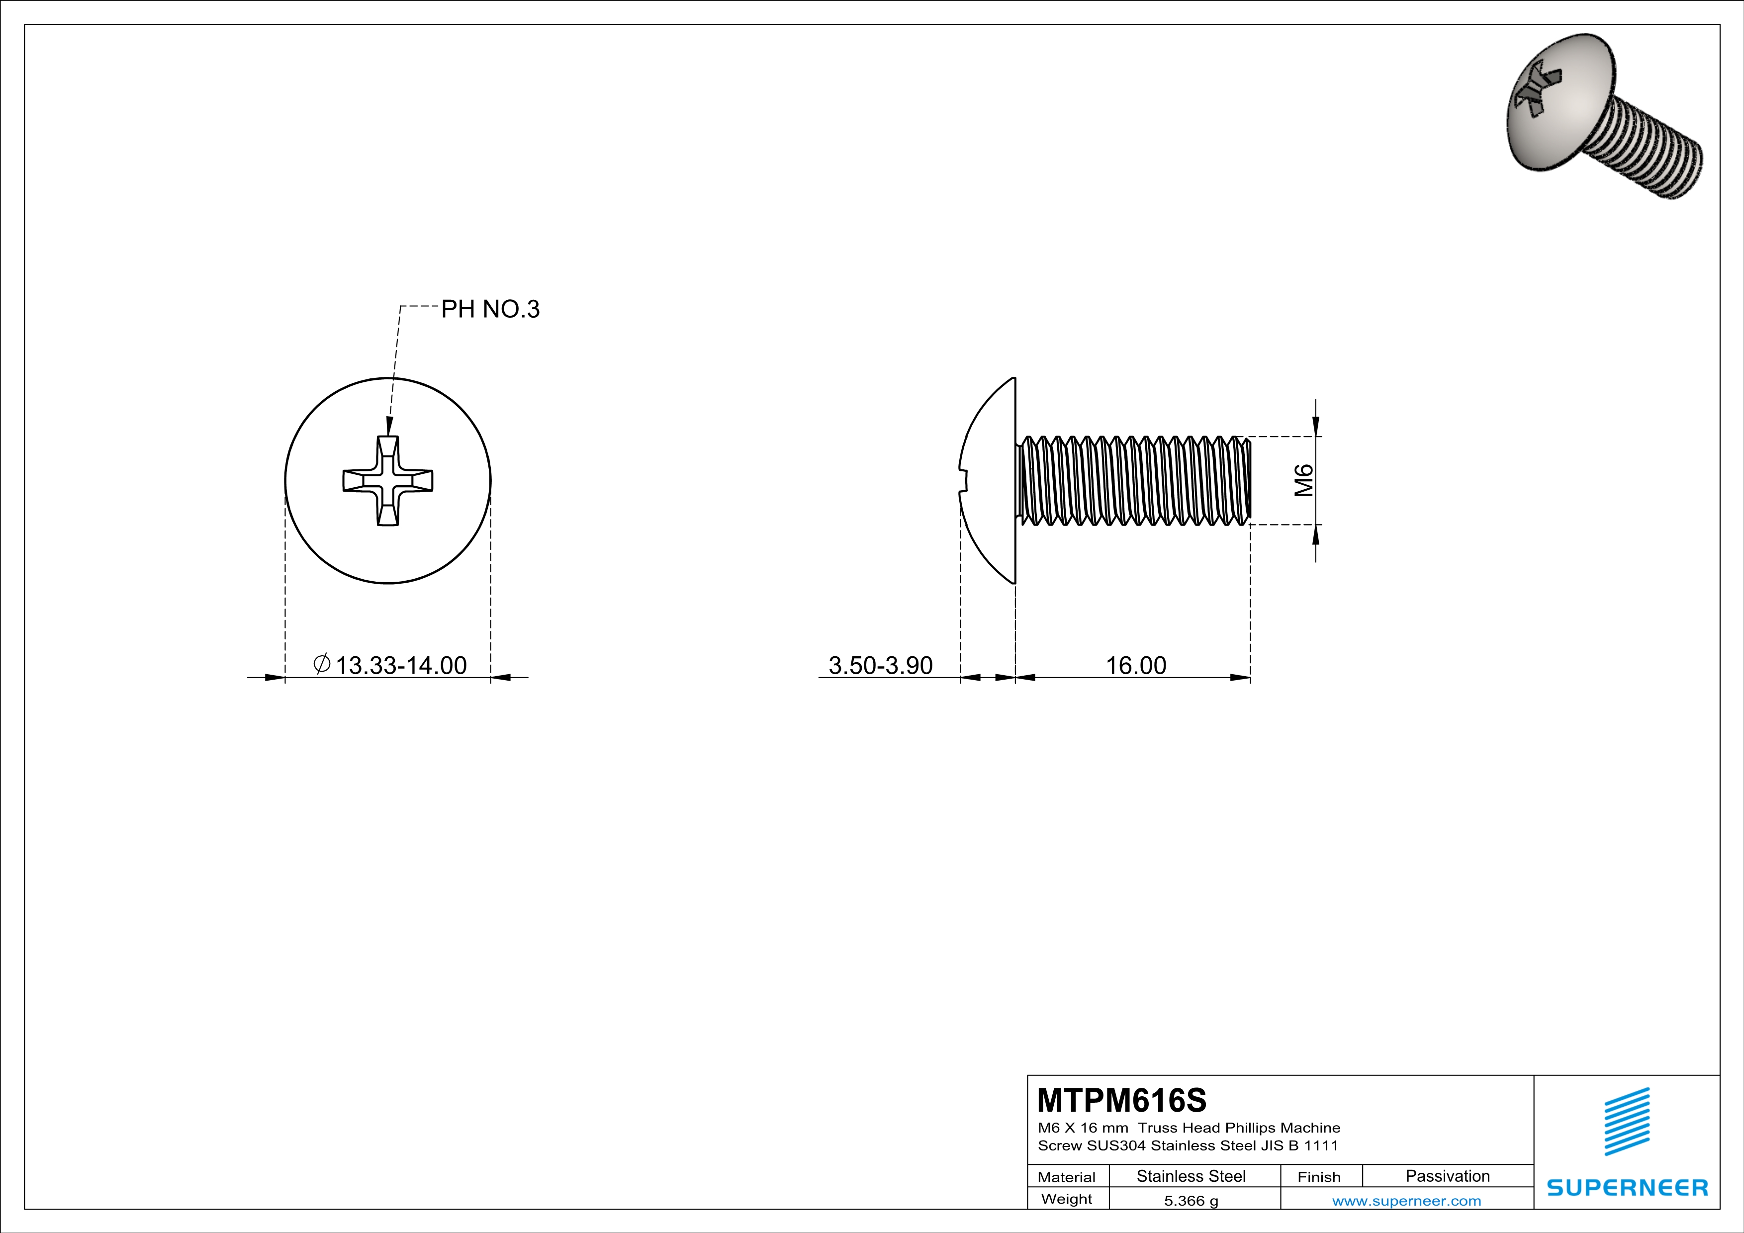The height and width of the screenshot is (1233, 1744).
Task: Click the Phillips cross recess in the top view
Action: pos(388,481)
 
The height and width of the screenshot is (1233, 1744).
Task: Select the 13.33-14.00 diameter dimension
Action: pos(400,665)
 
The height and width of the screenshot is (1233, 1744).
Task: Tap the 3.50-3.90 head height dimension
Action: pos(880,665)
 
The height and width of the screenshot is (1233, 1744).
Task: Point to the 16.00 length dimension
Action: pos(1136,665)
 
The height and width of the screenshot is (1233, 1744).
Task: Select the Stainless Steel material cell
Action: pos(1191,1176)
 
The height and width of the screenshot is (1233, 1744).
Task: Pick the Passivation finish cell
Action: pos(1447,1176)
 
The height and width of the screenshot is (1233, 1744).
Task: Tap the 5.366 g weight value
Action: pos(1191,1200)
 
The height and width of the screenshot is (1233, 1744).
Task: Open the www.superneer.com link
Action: pos(1406,1200)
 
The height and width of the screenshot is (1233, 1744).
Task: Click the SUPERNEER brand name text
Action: pos(1627,1187)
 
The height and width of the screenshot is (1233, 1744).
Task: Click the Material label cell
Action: pos(1067,1177)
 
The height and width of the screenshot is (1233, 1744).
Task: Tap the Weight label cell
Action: pos(1067,1199)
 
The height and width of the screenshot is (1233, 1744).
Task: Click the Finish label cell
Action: pos(1319,1177)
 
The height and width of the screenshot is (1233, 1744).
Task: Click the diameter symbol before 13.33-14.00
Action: pos(321,664)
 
